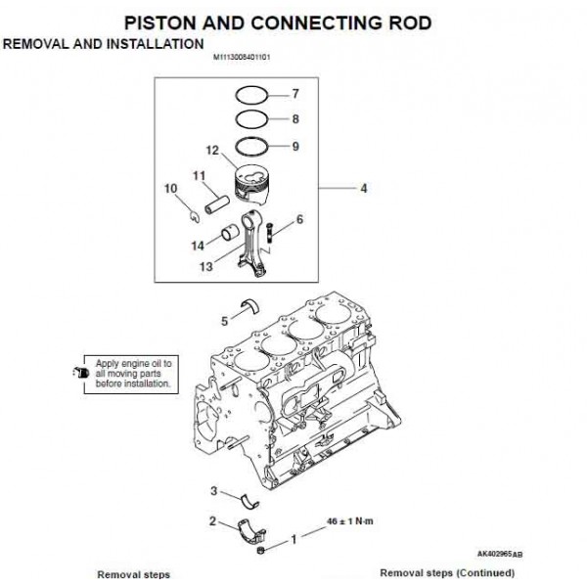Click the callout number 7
[294, 94]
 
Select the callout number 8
[294, 119]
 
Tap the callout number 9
[294, 148]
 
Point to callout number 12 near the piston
[212, 151]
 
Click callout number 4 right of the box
[363, 188]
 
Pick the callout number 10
[170, 187]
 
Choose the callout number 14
[198, 245]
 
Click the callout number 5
[224, 319]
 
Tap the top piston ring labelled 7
[250, 96]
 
